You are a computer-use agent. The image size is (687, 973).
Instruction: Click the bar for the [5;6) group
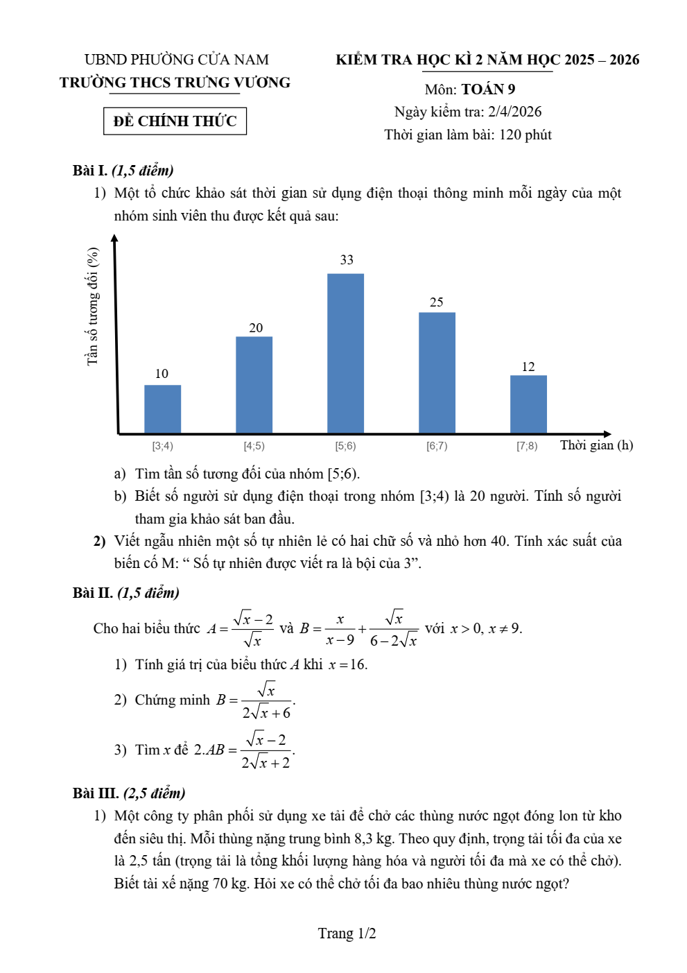(x=345, y=354)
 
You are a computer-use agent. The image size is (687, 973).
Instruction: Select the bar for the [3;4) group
(x=162, y=409)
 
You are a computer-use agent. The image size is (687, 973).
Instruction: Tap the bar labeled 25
(x=437, y=373)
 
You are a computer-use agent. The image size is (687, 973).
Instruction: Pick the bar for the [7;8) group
(x=528, y=404)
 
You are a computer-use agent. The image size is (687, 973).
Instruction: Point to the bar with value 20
(x=254, y=385)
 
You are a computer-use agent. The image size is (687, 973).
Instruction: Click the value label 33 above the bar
(x=347, y=260)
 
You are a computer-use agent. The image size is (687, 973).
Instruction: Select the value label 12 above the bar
(x=528, y=367)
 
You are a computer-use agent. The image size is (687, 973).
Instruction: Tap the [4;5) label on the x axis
(x=254, y=446)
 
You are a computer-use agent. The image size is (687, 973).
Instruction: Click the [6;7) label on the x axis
(x=437, y=446)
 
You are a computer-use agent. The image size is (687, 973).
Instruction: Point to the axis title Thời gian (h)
(x=596, y=445)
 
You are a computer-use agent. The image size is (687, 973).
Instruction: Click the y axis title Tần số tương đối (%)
(x=92, y=307)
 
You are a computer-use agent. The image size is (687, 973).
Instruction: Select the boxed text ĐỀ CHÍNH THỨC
(x=175, y=121)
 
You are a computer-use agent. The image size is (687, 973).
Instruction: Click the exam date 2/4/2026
(x=514, y=112)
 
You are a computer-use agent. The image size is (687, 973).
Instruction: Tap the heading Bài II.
(x=92, y=593)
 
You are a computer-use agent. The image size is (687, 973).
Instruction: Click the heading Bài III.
(x=96, y=793)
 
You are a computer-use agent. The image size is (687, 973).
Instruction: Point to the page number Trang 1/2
(x=347, y=933)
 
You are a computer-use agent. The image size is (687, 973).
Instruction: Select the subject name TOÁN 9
(x=488, y=89)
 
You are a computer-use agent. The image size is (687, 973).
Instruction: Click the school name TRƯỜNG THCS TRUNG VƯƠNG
(x=175, y=83)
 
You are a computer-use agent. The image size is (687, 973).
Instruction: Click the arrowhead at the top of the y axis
(x=114, y=238)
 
